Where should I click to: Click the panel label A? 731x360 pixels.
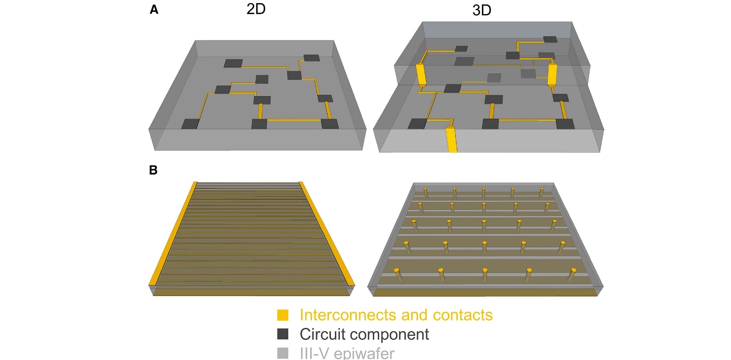click(154, 10)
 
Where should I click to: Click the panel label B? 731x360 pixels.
click(154, 170)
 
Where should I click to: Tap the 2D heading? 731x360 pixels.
click(256, 9)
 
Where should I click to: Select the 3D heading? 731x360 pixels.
click(482, 11)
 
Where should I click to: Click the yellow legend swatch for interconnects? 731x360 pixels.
click(283, 315)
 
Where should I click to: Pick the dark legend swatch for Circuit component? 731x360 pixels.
click(283, 334)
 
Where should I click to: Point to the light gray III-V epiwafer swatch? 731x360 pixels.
click(283, 353)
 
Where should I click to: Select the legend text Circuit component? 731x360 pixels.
click(364, 334)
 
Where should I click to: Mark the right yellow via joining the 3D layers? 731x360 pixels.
click(552, 75)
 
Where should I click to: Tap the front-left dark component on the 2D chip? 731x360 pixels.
click(191, 124)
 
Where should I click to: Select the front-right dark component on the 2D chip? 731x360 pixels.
click(330, 124)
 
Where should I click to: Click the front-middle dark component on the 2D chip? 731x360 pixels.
click(259, 124)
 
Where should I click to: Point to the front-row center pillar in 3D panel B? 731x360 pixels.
click(485, 275)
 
